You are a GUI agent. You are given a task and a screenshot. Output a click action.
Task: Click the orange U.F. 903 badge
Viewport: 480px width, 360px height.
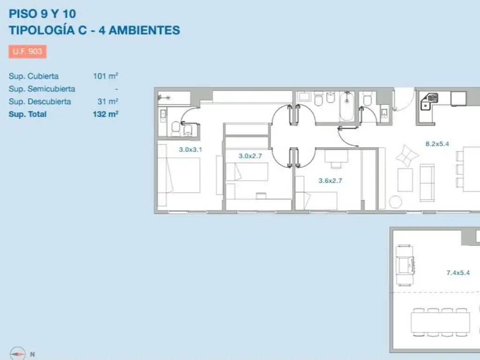(28, 52)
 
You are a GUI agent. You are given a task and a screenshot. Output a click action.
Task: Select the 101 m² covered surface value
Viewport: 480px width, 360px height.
(105, 75)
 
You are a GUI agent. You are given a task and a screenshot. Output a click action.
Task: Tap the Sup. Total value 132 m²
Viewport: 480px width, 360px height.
(105, 114)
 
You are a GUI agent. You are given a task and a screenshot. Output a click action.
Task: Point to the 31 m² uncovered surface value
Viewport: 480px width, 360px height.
(108, 101)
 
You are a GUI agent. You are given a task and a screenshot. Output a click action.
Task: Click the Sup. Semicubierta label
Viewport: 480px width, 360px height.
(42, 89)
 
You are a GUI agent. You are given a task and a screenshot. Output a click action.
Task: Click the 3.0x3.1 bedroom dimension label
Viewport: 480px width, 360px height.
(190, 150)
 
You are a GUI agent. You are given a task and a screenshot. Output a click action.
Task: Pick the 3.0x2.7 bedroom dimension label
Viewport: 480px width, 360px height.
(250, 156)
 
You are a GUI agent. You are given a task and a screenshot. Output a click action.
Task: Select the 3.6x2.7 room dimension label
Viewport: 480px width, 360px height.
(330, 180)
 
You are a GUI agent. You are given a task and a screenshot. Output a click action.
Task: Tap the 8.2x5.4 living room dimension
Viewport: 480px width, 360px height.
(437, 144)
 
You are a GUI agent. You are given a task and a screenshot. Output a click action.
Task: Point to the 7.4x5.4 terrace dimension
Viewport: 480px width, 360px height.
(458, 273)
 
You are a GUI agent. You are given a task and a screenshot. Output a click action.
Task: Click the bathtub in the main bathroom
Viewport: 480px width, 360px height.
(346, 106)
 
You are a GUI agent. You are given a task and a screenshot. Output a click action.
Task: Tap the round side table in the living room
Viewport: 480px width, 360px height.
(395, 202)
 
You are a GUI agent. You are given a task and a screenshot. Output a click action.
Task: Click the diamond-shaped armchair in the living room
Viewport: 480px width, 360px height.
(407, 156)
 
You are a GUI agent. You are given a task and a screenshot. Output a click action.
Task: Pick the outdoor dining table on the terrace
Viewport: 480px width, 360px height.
(440, 322)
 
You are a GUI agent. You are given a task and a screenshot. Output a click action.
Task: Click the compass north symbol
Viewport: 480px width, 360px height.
(18, 354)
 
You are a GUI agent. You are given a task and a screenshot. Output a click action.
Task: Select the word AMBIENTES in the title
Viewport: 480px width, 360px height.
(144, 30)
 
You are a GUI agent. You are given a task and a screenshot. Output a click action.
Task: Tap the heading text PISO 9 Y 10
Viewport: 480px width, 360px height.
(42, 14)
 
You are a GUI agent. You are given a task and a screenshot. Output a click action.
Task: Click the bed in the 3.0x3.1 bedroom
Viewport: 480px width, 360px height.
(179, 175)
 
